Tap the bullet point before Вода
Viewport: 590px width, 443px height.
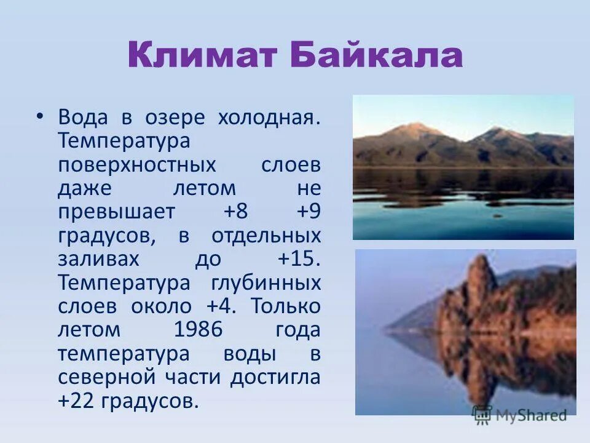tap(41, 116)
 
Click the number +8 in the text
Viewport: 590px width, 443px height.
tap(236, 212)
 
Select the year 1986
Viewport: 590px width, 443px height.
tap(198, 330)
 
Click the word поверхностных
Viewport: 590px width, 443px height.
tap(137, 165)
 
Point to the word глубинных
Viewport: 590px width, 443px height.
tap(266, 283)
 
